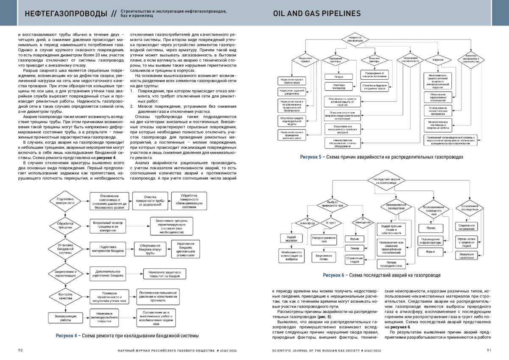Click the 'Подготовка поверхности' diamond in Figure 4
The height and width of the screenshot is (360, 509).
[65, 201]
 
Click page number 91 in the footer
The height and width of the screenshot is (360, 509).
[489, 350]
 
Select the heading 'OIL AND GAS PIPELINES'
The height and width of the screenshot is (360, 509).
[317, 14]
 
